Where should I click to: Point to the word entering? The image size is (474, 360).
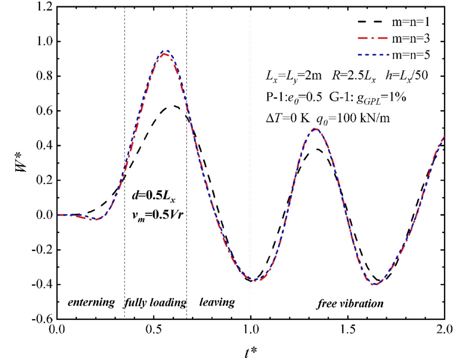tap(91, 303)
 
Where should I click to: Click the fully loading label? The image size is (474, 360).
tap(155, 303)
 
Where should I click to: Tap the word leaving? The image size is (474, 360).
tap(217, 302)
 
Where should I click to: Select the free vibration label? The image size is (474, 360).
tap(350, 303)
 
